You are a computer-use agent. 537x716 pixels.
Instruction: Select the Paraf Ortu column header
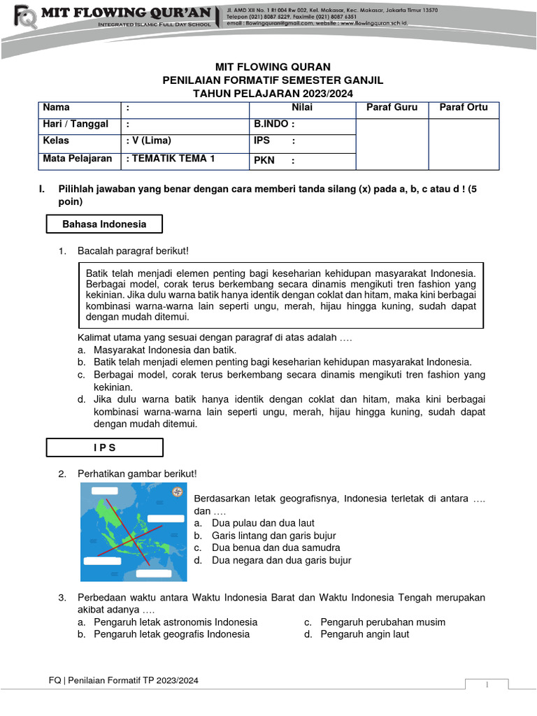click(463, 108)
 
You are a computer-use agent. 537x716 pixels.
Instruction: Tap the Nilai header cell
click(302, 108)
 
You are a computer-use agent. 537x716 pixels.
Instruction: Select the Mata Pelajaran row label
click(77, 159)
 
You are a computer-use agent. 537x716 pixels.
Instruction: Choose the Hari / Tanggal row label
click(76, 124)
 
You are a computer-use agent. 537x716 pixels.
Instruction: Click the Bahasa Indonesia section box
click(104, 224)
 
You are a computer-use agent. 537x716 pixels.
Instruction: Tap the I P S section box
click(104, 447)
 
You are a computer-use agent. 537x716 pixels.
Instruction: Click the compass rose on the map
click(177, 492)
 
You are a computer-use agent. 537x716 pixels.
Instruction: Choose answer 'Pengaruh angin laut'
click(364, 634)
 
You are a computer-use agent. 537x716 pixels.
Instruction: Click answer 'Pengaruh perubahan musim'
click(382, 622)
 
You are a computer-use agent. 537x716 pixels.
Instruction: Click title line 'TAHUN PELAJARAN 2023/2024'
click(268, 93)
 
